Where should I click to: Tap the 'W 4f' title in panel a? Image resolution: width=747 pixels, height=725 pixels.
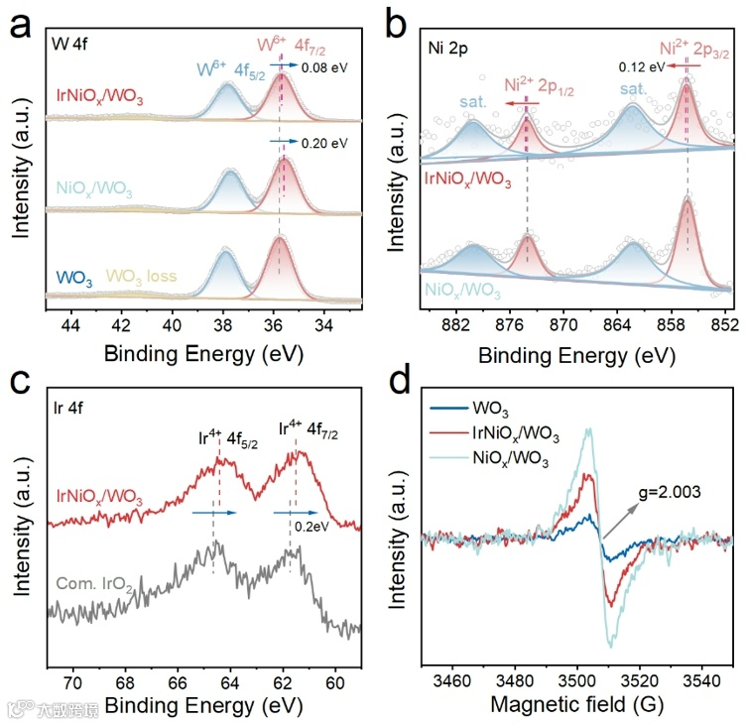72,44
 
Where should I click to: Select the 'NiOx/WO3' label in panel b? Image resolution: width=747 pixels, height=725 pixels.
462,290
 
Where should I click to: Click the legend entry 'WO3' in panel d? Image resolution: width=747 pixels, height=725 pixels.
522,407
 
